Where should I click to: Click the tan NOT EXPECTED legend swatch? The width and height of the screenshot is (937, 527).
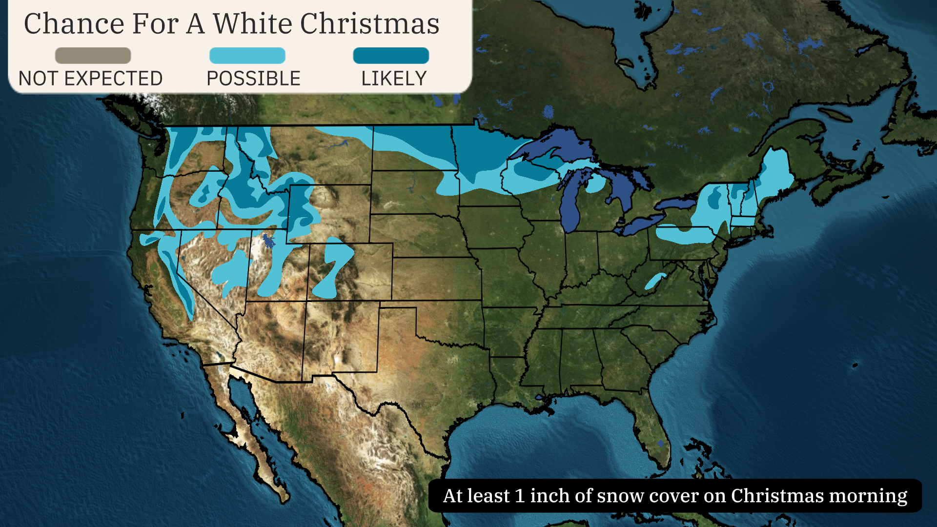(93, 56)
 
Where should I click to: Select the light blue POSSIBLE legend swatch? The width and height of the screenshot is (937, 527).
(247, 56)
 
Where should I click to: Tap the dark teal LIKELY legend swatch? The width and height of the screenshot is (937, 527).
(391, 56)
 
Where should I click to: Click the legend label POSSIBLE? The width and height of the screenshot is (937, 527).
(253, 79)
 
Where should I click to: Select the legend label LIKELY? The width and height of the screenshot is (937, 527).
(394, 79)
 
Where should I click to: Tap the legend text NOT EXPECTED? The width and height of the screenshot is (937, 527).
(91, 79)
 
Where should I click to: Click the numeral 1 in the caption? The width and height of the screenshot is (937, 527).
(520, 496)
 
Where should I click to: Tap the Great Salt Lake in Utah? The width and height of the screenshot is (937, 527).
(267, 241)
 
